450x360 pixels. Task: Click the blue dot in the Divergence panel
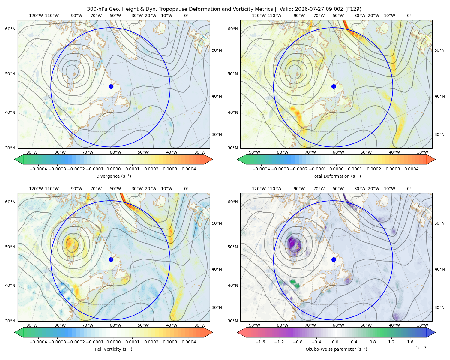111,87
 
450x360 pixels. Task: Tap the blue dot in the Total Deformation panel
334,87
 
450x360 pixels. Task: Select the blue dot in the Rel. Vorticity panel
111,259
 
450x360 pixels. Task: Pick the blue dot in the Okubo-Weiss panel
334,259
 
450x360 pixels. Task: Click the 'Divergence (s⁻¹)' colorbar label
113,176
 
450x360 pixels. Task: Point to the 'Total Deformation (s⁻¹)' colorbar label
336,176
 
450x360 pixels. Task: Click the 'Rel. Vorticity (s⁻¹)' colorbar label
113,349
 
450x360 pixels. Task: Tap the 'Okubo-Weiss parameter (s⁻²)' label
336,349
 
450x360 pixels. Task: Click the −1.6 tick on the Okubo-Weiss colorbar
260,342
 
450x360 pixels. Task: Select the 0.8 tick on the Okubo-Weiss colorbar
373,342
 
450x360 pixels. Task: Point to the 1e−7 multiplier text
421,348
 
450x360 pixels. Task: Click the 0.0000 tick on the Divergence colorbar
113,169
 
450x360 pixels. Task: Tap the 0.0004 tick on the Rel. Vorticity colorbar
189,342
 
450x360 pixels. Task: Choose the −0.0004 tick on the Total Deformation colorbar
261,169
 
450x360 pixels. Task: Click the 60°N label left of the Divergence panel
10,29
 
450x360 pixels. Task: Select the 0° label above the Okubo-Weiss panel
409,189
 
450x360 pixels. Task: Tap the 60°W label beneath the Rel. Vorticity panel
115,325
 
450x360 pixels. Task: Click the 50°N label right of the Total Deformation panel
439,50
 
